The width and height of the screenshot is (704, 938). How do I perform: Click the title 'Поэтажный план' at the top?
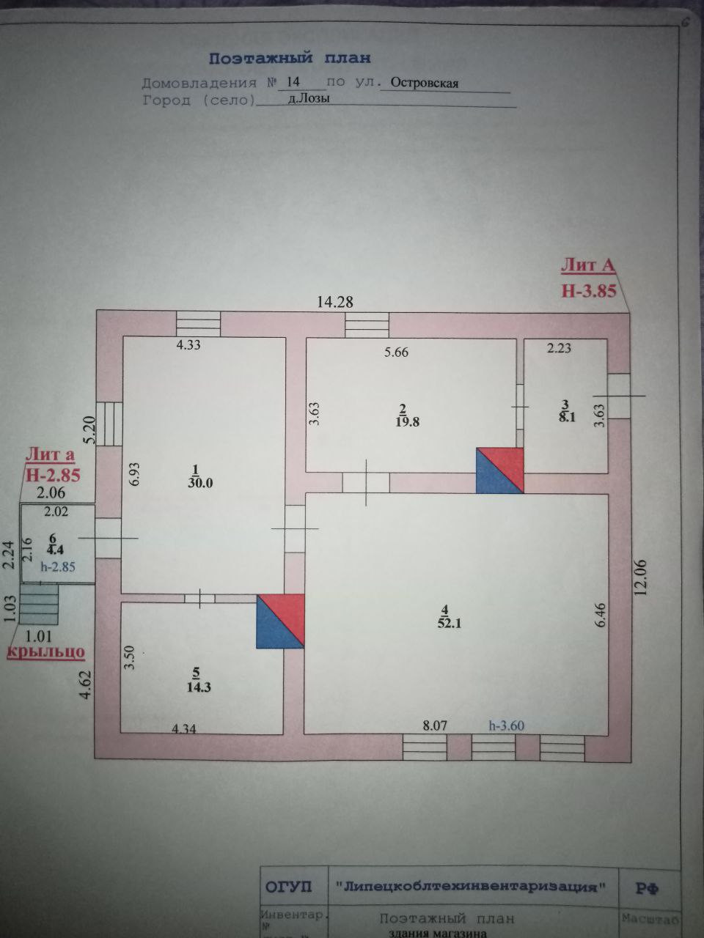point(290,58)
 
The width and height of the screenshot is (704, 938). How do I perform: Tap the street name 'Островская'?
point(424,83)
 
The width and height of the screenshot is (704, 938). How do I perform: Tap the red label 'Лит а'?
point(51,455)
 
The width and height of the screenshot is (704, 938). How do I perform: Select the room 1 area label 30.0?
point(195,483)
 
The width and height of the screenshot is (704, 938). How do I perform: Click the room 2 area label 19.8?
point(403,421)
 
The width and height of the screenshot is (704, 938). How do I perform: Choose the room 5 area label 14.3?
point(195,687)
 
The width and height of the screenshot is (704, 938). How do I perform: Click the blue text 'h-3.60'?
point(506,725)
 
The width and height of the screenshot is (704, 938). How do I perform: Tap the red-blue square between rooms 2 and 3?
point(499,470)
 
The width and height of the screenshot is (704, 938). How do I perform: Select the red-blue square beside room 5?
point(279,621)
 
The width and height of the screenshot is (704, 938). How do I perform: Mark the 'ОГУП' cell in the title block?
point(288,887)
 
